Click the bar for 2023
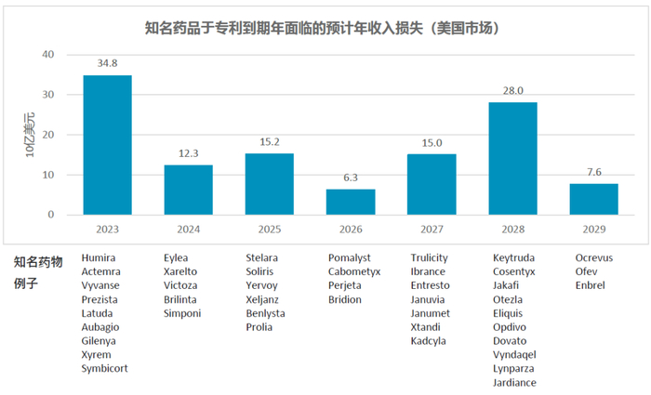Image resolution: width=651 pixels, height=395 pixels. coord(107,145)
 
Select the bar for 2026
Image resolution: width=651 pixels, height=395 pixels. coord(350,202)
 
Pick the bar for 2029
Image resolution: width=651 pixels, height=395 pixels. coord(593,199)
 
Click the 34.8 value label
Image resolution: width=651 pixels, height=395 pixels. coord(107,63)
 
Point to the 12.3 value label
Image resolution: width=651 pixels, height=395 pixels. coord(188,153)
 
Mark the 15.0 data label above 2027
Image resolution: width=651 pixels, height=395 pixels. coord(431,142)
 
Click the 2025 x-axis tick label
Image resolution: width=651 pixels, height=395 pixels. coord(269,228)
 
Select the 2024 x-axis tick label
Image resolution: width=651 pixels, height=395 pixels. coord(188,228)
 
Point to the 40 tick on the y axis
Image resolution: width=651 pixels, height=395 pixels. coord(49,55)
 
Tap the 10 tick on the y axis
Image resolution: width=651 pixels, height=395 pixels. coord(49,175)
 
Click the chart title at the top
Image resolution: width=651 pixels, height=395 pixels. coord(325,28)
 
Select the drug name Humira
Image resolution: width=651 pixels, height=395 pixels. coord(99,257)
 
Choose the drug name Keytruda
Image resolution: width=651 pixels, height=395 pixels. coord(514,257)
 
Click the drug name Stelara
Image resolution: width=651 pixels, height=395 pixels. coord(261,257)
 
